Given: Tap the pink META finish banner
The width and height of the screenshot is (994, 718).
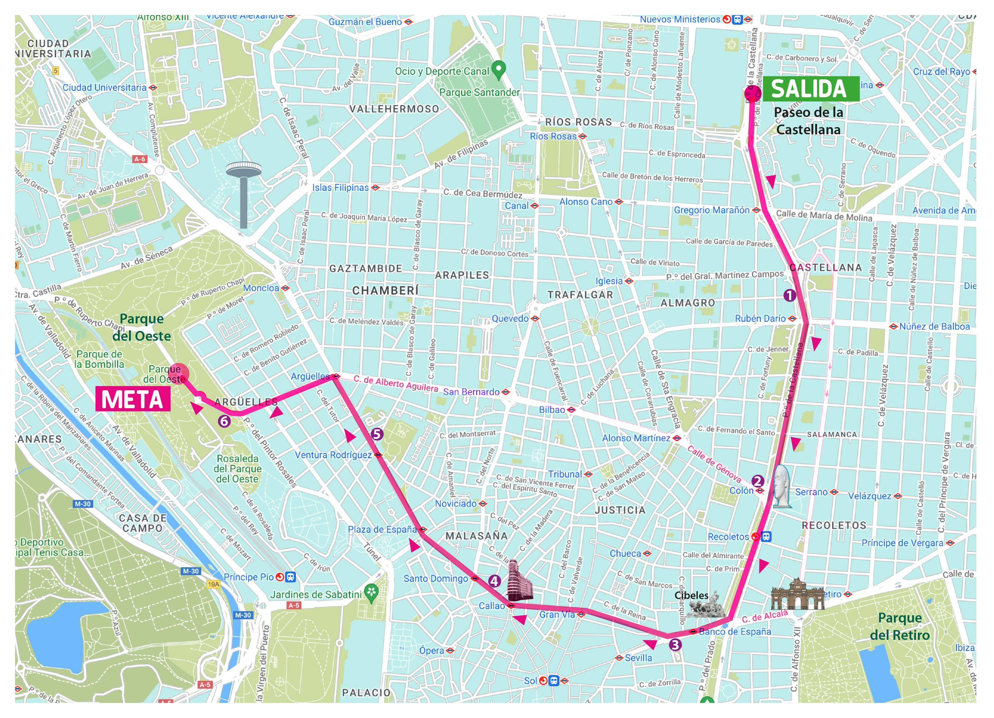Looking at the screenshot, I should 132,400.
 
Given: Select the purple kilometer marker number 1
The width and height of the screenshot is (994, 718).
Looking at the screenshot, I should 789,296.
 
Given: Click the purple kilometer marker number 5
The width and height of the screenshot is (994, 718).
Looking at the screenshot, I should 377,434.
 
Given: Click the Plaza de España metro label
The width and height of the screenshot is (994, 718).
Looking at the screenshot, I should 382,530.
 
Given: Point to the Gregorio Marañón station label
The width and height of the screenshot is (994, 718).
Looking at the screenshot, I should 712,210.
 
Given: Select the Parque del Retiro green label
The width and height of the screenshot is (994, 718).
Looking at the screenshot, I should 900,626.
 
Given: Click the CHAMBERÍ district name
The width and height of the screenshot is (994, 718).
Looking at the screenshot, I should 385,291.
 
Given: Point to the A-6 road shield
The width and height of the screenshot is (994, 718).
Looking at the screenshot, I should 140,159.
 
